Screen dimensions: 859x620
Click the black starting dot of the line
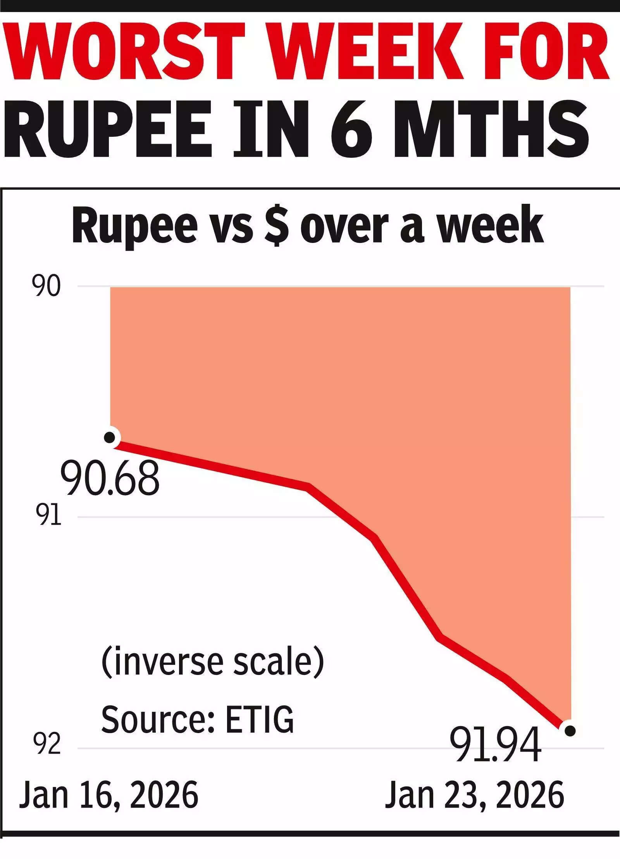pos(110,437)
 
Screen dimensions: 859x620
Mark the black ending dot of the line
pos(570,731)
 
